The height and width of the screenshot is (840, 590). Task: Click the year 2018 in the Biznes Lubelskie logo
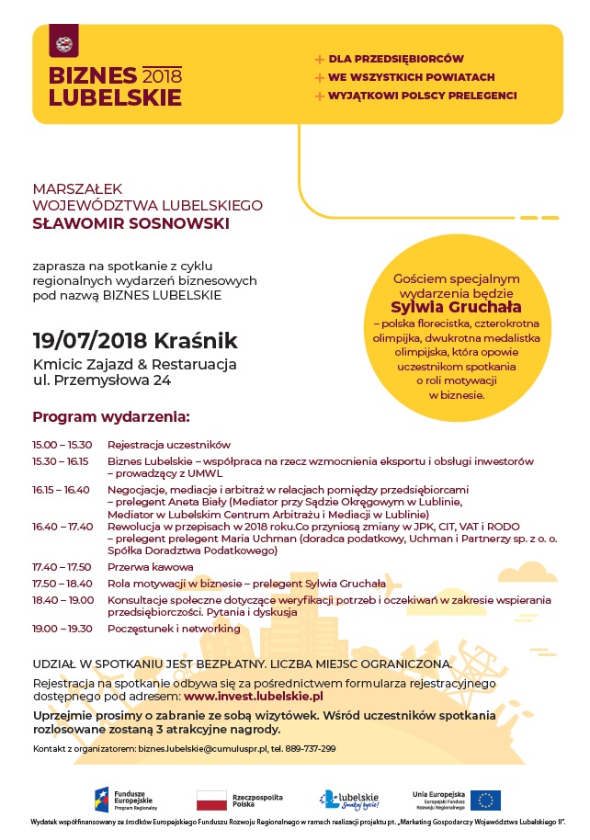(x=163, y=75)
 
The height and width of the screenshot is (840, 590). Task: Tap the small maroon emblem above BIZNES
(x=64, y=43)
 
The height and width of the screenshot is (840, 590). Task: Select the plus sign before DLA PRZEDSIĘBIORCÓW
(x=320, y=59)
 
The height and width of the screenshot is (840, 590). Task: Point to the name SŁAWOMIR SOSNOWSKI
(x=130, y=222)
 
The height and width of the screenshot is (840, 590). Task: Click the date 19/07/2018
(x=89, y=341)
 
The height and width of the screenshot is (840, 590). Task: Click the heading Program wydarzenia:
(x=111, y=415)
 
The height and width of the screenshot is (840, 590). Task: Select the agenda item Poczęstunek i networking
(x=174, y=629)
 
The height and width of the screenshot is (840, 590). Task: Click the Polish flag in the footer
(x=212, y=800)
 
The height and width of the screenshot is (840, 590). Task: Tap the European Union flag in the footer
(x=485, y=800)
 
